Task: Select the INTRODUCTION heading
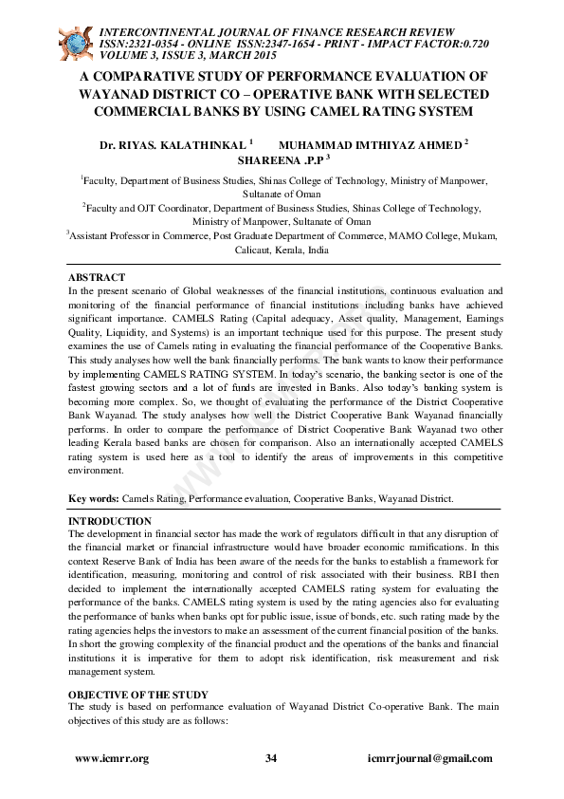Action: pyautogui.click(x=110, y=521)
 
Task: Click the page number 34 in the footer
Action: pyautogui.click(x=271, y=758)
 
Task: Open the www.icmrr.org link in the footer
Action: pyautogui.click(x=112, y=758)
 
